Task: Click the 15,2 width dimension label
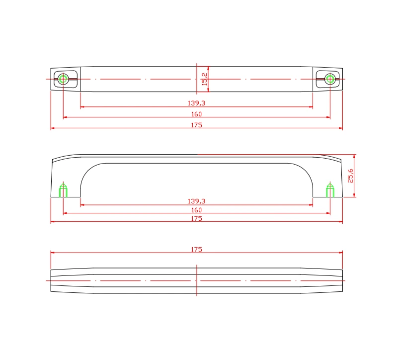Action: (204, 79)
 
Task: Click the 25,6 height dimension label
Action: (350, 176)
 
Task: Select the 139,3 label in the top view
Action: (196, 103)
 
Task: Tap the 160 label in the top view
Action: (196, 114)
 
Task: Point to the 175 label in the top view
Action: (196, 125)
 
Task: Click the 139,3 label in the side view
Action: (196, 201)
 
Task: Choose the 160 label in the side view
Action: (196, 210)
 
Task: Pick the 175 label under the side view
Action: (196, 219)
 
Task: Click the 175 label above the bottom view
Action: (196, 250)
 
